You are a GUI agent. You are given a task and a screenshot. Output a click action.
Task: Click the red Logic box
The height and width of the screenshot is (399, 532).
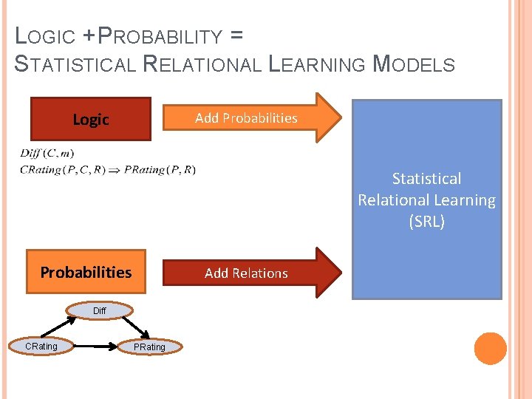91,119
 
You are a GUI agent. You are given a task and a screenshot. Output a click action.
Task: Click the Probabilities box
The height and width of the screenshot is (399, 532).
86,272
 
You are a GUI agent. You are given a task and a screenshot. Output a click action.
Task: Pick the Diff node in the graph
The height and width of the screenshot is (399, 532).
100,311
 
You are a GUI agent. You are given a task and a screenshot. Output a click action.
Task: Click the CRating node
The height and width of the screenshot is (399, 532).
41,346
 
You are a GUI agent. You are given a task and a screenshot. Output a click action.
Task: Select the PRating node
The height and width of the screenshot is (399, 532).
150,347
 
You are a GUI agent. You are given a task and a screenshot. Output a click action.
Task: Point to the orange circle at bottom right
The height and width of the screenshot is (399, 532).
490,349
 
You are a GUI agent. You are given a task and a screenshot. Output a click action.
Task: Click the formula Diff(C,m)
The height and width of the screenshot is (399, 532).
47,154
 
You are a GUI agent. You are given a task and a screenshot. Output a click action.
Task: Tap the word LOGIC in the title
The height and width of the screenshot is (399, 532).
45,36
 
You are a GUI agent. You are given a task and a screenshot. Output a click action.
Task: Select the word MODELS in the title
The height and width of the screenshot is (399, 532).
414,64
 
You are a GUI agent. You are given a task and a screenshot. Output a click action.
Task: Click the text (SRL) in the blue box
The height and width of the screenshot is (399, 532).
426,222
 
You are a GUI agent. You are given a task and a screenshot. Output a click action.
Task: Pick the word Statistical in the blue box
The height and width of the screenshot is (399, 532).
426,179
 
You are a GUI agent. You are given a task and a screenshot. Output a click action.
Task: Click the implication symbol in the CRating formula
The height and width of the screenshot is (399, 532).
116,170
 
